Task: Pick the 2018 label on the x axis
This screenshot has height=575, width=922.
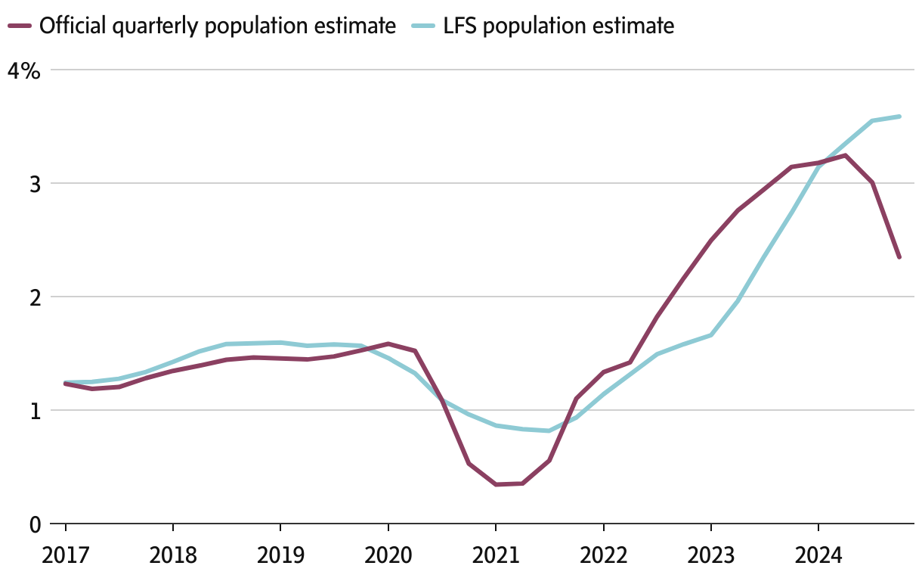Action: (173, 556)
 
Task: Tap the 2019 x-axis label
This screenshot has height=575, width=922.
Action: (280, 556)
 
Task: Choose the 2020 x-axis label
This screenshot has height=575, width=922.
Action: (388, 556)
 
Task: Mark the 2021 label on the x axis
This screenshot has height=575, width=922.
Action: (495, 556)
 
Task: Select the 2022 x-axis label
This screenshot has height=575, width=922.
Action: (603, 556)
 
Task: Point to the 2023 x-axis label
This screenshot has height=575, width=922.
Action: (710, 556)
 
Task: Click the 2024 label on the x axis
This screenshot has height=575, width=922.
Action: (818, 556)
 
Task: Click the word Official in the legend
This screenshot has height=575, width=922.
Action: (73, 26)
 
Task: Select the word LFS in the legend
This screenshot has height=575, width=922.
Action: (461, 26)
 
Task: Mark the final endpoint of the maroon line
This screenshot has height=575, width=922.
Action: (899, 257)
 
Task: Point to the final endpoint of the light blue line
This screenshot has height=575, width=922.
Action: (899, 117)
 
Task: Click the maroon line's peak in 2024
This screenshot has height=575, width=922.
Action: (845, 156)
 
